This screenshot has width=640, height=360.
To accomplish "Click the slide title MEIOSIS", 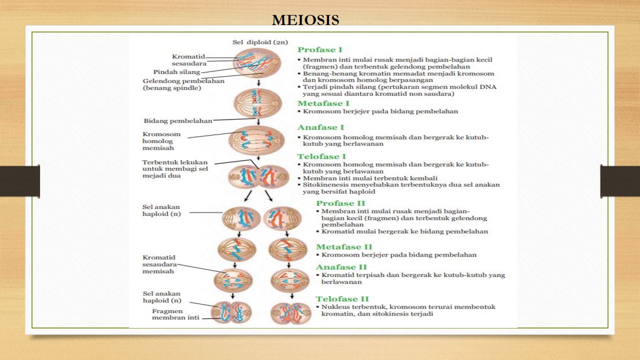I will (x=305, y=20).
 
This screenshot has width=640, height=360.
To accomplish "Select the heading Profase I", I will (x=320, y=49).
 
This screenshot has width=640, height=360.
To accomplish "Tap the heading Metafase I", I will (x=323, y=103).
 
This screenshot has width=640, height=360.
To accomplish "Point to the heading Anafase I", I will (x=321, y=127).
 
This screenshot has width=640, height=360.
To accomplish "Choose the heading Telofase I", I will (x=321, y=156).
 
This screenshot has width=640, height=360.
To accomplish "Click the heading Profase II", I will (x=340, y=203).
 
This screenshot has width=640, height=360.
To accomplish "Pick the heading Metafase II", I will (x=344, y=247).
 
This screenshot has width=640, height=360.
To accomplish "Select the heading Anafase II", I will (x=341, y=267).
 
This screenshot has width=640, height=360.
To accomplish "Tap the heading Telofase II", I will (x=342, y=299).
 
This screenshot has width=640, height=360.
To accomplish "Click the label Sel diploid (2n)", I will (x=260, y=42).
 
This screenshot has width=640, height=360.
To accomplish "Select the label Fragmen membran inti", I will (x=175, y=314).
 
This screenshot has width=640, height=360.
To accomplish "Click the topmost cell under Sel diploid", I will (x=258, y=63).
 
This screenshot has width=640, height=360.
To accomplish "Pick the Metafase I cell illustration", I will (x=258, y=103).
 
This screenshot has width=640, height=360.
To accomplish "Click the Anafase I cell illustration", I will (x=256, y=140).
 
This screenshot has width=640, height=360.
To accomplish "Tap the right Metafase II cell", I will (x=288, y=249).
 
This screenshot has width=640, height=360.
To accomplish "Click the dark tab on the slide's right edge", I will (x=620, y=181).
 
